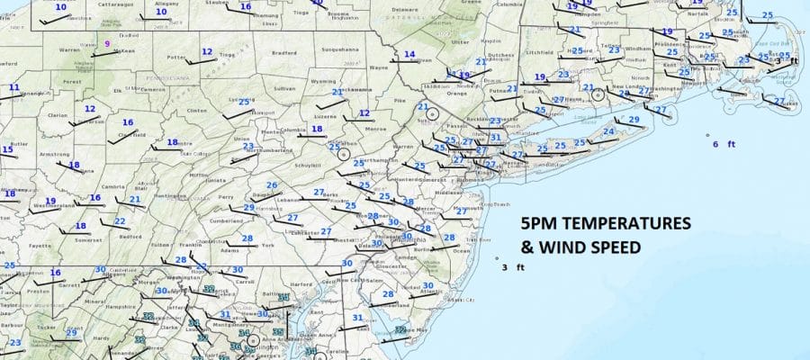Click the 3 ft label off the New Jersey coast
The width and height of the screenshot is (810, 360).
coord(513,267)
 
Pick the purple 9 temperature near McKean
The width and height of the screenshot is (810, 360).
coord(107,43)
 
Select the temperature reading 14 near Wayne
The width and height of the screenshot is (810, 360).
coord(409,54)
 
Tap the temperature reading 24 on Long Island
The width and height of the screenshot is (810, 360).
coord(609,132)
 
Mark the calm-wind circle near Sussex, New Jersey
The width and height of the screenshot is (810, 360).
coord(430,114)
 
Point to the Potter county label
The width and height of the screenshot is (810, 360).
coord(175,58)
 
